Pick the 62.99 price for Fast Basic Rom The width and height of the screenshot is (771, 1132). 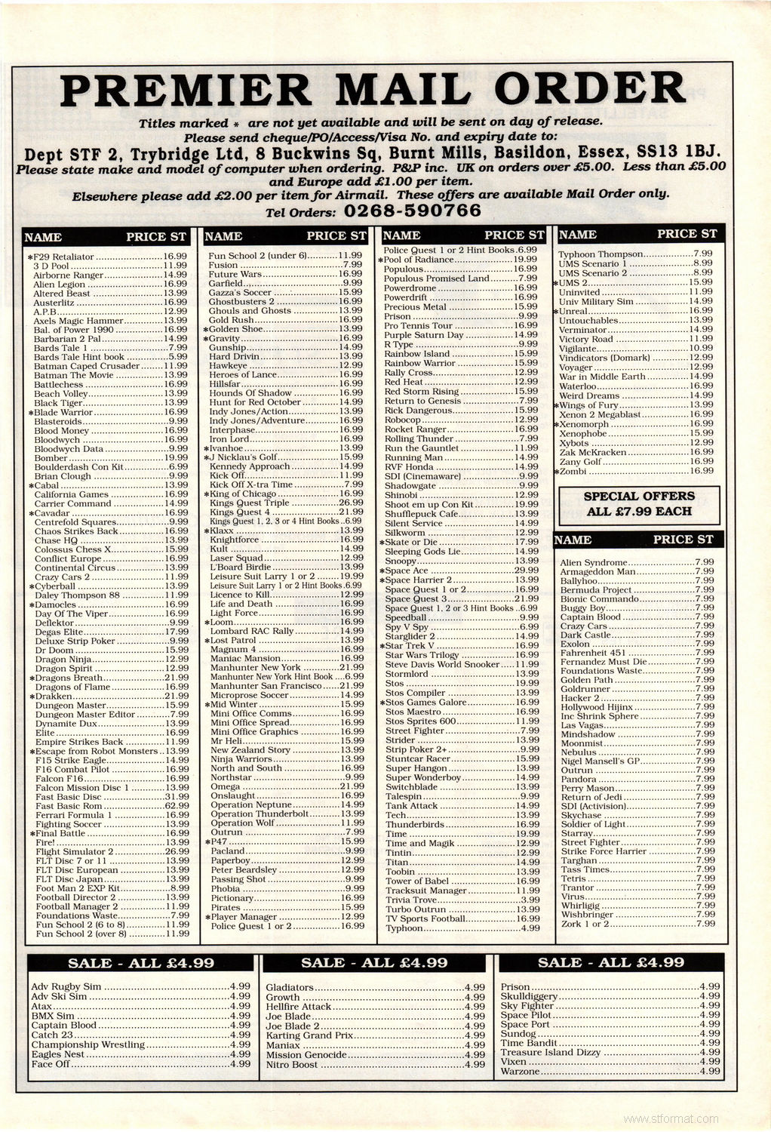(x=177, y=806)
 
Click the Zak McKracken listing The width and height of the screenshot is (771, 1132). (x=595, y=452)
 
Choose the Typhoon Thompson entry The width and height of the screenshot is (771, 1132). (x=601, y=254)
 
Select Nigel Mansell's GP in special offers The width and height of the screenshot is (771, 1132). (x=600, y=761)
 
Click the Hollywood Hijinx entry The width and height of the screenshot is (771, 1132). (x=596, y=706)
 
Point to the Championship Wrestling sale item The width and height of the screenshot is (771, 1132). (x=88, y=1044)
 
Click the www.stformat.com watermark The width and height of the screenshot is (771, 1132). (x=671, y=1118)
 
